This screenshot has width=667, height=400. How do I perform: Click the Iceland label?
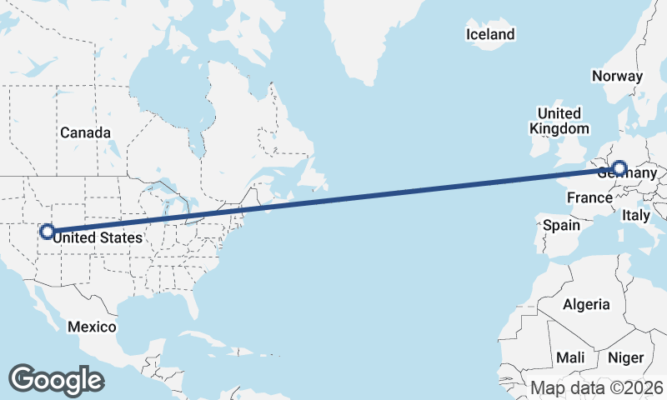click(x=490, y=34)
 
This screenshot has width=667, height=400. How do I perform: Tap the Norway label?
click(x=617, y=76)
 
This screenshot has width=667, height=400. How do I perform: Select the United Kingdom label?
click(x=559, y=121)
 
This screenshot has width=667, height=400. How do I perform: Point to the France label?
click(x=589, y=197)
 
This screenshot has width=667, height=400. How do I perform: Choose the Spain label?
click(x=561, y=225)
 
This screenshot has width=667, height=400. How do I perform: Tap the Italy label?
click(x=637, y=216)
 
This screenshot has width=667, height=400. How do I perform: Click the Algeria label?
click(x=586, y=305)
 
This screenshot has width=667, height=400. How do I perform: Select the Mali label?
click(x=571, y=357)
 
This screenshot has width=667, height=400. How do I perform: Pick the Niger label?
click(x=626, y=357)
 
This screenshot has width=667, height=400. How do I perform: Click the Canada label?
click(x=85, y=132)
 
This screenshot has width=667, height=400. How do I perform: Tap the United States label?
click(x=98, y=238)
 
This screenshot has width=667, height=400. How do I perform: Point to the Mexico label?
click(x=92, y=326)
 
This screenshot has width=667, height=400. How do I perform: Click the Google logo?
click(x=56, y=379)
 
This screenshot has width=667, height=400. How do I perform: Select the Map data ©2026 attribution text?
click(x=597, y=387)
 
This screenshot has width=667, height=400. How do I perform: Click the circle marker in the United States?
click(x=48, y=231)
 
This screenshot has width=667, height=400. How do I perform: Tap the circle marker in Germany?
click(x=619, y=168)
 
